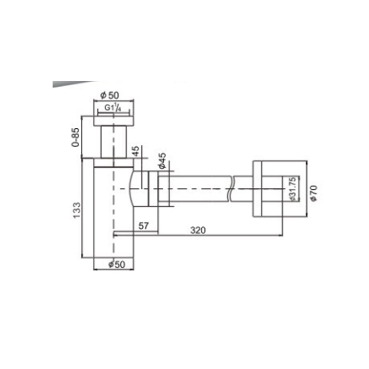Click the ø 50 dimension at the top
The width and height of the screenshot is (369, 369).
(x=110, y=95)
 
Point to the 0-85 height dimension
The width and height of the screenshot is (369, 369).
(x=76, y=137)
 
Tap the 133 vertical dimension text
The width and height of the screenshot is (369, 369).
(x=77, y=210)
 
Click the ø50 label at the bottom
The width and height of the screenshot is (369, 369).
(x=117, y=264)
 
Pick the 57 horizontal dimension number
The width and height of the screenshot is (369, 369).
(x=143, y=226)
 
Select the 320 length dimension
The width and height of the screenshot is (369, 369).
(x=198, y=230)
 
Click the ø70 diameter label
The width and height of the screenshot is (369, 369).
(x=314, y=193)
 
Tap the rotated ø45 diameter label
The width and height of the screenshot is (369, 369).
(x=162, y=161)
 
